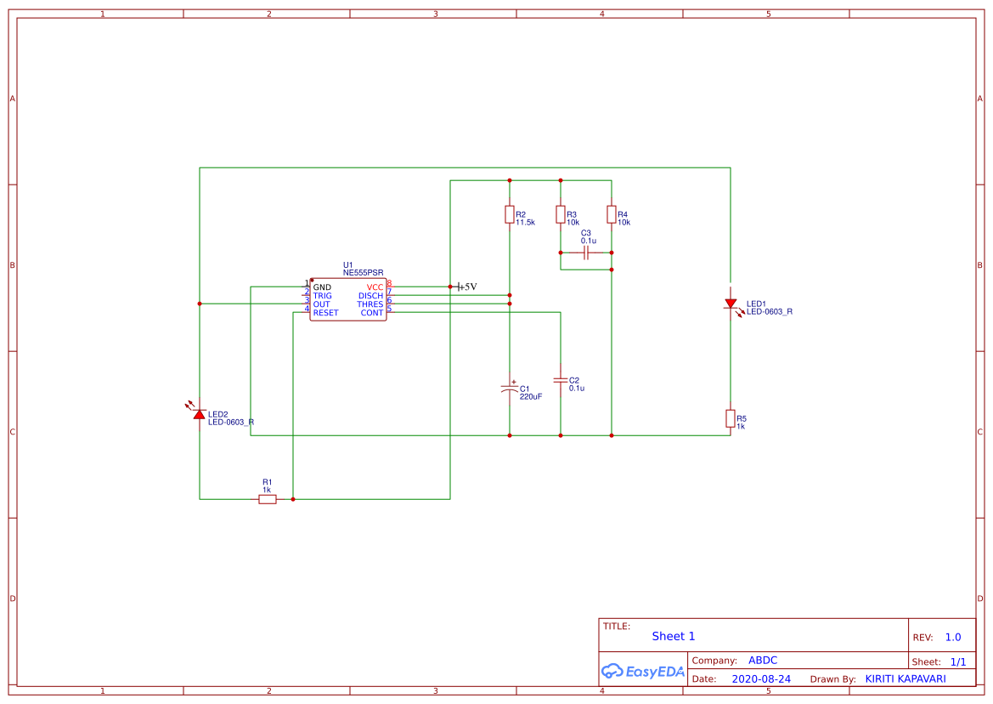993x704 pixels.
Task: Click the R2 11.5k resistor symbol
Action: (x=510, y=214)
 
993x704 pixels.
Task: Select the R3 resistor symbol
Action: (x=561, y=214)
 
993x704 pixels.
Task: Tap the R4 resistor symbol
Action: (x=612, y=214)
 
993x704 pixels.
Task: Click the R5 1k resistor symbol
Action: (x=731, y=418)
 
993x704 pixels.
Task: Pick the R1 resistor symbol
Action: (x=268, y=499)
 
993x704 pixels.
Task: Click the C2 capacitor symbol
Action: (x=561, y=379)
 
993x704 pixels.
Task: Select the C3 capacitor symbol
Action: (x=586, y=253)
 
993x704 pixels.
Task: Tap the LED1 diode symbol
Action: (x=731, y=304)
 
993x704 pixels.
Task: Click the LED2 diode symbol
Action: (x=200, y=414)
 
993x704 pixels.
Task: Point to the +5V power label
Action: (x=466, y=287)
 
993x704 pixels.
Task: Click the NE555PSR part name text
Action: (x=364, y=273)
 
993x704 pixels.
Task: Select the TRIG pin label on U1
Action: (x=322, y=296)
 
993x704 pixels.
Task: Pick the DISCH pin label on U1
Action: (x=370, y=296)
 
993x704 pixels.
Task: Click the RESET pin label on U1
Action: (x=325, y=313)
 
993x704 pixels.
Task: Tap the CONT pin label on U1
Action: (x=372, y=313)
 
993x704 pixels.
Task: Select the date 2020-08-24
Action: (x=761, y=679)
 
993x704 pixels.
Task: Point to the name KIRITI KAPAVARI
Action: (x=906, y=679)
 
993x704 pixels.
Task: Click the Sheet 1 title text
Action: (x=674, y=636)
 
